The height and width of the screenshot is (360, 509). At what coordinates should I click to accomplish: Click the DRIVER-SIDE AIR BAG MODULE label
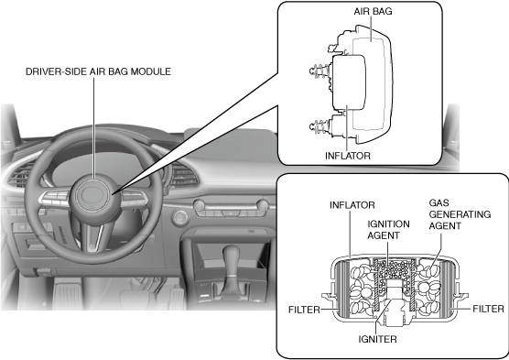click(98, 71)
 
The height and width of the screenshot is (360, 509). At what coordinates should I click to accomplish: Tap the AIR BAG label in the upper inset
click(373, 11)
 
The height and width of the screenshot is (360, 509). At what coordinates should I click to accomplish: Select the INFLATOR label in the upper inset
click(348, 156)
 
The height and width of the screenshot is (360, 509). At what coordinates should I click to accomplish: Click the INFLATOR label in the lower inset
click(352, 205)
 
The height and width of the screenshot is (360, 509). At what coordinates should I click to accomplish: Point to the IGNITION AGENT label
click(388, 230)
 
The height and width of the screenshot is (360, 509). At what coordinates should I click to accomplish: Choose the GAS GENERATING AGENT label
click(460, 214)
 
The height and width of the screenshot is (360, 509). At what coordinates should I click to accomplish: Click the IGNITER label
click(377, 339)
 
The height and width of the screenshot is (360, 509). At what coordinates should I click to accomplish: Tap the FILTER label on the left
click(304, 310)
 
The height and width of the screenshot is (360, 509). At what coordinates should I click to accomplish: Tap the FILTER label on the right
click(488, 309)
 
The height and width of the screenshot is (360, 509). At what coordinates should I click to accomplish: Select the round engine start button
click(180, 218)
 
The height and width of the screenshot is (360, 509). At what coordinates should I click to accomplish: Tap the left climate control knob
click(200, 206)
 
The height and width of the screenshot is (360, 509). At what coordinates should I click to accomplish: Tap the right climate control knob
click(263, 206)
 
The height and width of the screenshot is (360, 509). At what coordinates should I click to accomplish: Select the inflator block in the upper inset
click(349, 82)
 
